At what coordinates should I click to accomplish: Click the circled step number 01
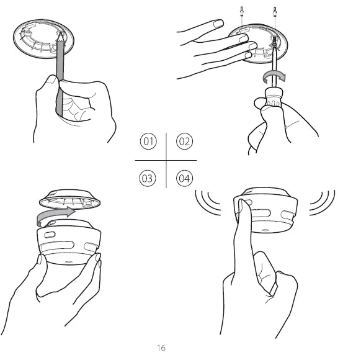click(148, 142)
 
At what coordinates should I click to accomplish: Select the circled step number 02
click(184, 142)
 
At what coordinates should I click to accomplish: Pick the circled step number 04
click(184, 179)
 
